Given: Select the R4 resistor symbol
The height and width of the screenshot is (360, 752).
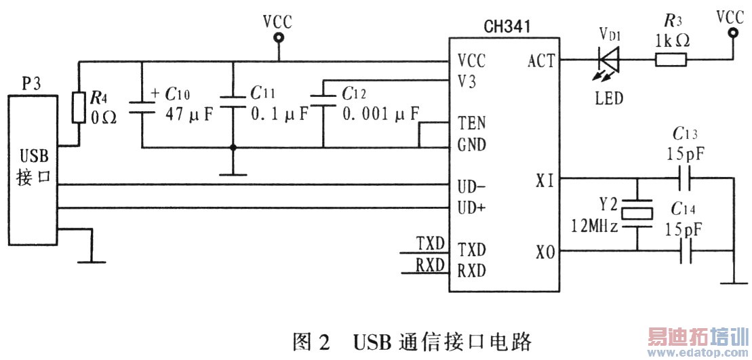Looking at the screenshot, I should point(79,108).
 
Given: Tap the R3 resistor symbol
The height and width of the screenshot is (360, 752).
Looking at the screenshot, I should point(670,61).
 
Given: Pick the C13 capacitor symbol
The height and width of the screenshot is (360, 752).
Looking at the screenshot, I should point(684,178).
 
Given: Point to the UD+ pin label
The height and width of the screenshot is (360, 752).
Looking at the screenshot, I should point(472,207).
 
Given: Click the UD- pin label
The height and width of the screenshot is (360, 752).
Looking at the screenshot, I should point(472,185).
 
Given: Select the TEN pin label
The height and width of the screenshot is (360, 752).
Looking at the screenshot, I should point(471,124).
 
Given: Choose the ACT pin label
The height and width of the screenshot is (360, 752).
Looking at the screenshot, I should point(541,62).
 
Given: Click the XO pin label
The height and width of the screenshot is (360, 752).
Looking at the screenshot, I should point(546,253).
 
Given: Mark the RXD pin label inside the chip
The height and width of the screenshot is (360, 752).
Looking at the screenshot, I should point(472,269).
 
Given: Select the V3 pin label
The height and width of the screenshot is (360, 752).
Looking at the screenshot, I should point(467,81).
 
